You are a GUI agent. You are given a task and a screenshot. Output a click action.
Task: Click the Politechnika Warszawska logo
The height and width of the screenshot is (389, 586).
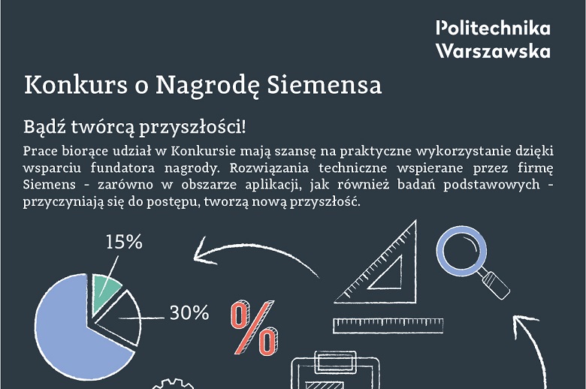click(x=493, y=40)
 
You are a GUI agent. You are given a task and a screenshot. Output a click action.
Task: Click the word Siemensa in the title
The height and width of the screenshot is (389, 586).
click(x=325, y=84)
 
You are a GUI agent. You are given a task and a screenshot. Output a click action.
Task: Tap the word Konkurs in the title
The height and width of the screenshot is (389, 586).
click(x=76, y=84)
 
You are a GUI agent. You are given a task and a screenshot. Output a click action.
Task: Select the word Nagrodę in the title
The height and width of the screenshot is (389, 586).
click(x=207, y=86)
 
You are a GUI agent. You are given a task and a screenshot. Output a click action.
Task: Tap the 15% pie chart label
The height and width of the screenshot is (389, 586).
click(x=124, y=242)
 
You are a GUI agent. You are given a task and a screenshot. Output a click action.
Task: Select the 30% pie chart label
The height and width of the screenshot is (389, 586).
click(x=189, y=312)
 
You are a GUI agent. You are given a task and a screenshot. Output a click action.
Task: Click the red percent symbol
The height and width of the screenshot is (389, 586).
click(x=254, y=327)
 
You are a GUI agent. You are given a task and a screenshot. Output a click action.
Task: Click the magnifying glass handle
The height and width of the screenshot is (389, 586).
click(x=496, y=285)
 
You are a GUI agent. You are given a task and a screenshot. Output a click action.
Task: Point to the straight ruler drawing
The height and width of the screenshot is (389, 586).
click(x=388, y=325)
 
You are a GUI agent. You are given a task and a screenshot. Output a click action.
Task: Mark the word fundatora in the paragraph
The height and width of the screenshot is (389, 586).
click(x=122, y=167)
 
